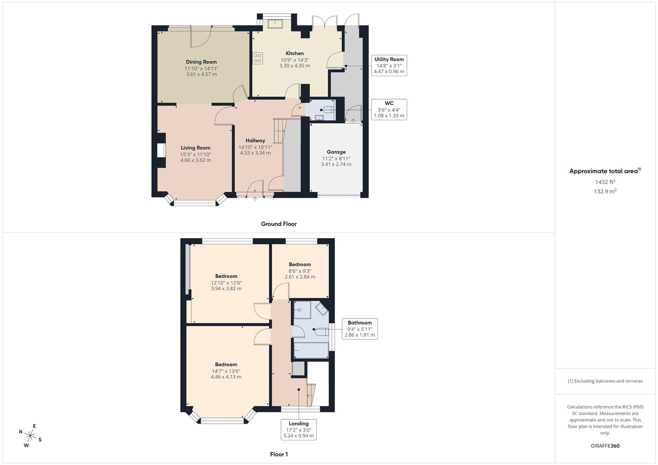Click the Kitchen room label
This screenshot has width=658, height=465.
tap(295, 53)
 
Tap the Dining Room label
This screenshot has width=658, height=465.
tap(201, 62)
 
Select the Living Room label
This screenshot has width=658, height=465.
tap(195, 148)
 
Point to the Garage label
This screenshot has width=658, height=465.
tap(336, 152)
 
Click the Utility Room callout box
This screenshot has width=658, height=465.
tap(389, 65)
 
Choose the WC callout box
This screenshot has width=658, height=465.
tap(389, 109)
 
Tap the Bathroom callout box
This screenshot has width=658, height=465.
tap(359, 329)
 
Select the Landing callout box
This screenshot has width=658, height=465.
tap(299, 430)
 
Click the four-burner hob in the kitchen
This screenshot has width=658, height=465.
tap(258, 58)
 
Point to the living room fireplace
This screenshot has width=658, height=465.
tap(161, 150)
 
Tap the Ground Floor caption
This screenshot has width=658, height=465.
tap(279, 224)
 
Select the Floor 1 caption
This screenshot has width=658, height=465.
tap(279, 454)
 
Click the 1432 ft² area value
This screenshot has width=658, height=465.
tap(605, 182)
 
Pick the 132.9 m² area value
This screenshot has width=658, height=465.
tap(605, 192)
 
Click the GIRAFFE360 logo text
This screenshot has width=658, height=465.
tap(605, 446)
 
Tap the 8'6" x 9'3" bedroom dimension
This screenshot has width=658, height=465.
tap(299, 271)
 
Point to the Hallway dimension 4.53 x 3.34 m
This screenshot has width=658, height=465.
tap(255, 153)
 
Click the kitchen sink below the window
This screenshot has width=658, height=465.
tap(275, 24)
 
